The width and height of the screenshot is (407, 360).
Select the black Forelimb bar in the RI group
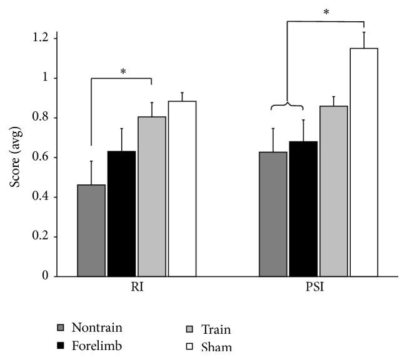tap(121, 214)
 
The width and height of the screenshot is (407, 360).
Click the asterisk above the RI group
tap(123, 72)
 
